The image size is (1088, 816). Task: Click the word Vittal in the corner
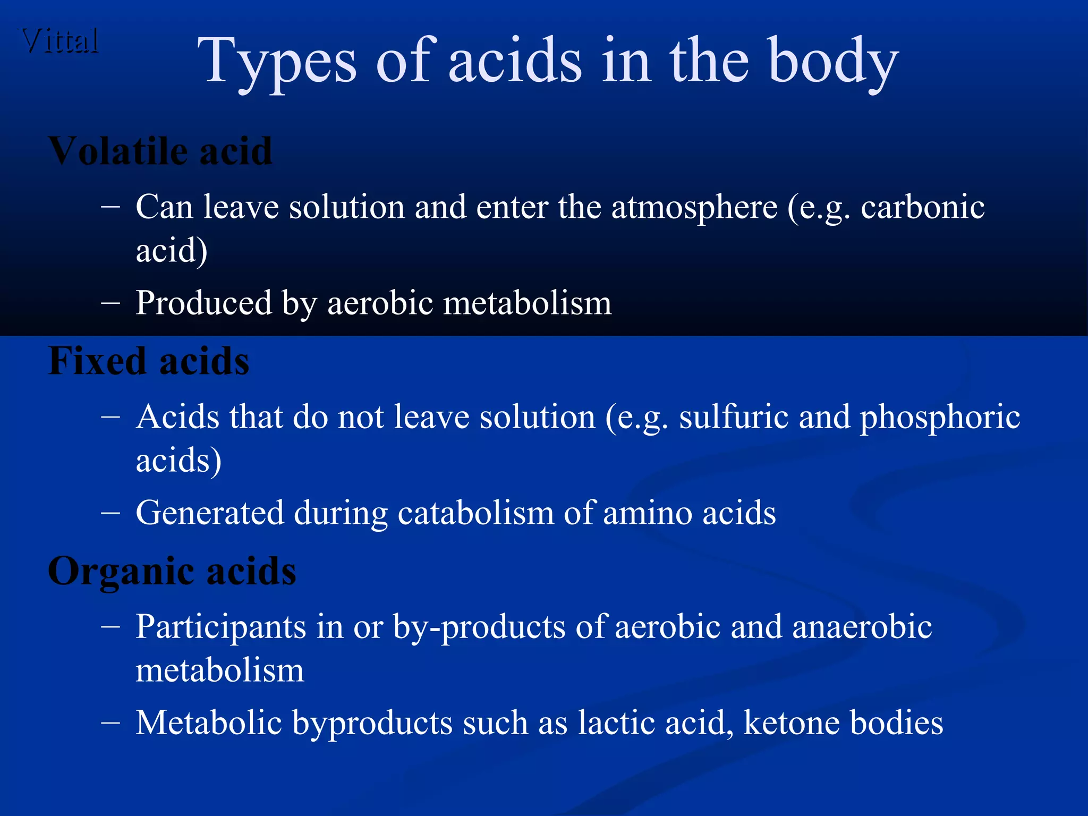pos(60,41)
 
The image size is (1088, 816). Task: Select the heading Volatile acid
pos(160,151)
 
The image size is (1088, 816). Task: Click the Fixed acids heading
pos(148,361)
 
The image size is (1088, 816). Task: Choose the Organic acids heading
pos(172,571)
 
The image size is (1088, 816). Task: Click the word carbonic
pos(923,207)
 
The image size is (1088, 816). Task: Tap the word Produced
pos(203,303)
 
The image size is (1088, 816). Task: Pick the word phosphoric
pos(940,418)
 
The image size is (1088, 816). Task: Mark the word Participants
pos(220,627)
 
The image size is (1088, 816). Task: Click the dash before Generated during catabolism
pos(110,513)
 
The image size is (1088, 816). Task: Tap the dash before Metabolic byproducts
pos(110,723)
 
